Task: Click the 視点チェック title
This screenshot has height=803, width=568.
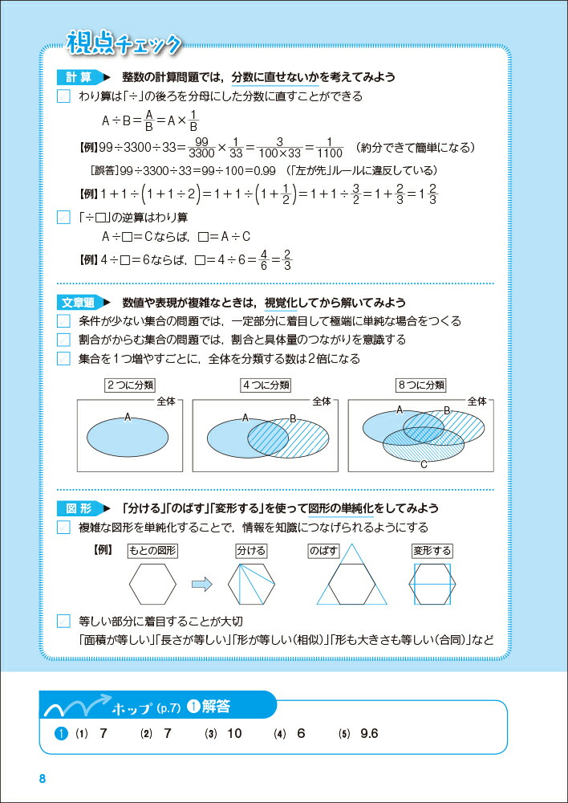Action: [x=123, y=41]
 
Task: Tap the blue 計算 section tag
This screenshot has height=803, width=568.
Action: [x=79, y=78]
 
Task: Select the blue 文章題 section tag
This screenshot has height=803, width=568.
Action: [x=79, y=303]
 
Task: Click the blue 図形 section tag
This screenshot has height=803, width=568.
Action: [x=79, y=509]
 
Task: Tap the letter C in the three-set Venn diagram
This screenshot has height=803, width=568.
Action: [x=423, y=463]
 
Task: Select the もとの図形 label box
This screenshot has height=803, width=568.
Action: [x=152, y=552]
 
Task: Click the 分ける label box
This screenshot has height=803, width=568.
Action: [x=250, y=552]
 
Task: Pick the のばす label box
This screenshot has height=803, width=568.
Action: [x=323, y=552]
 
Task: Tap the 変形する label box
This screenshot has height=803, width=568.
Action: [x=432, y=552]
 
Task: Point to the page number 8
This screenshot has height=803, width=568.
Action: [x=43, y=780]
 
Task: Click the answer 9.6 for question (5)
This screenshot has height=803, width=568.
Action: [x=369, y=733]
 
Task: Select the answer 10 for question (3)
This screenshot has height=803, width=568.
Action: [x=234, y=733]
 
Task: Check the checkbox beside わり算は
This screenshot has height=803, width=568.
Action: [x=64, y=97]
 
